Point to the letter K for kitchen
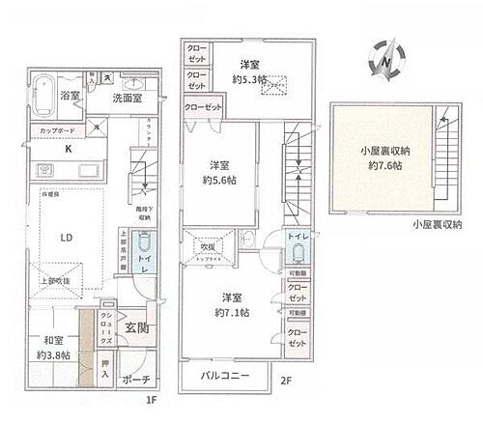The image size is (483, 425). [x=68, y=150]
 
